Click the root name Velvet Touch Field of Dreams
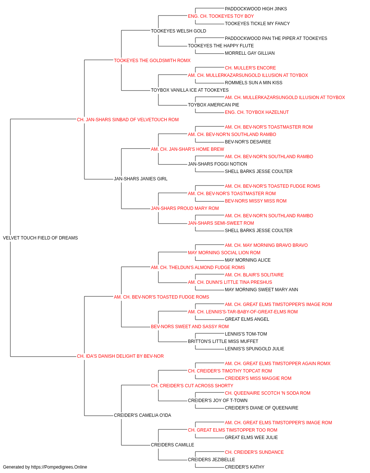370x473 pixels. pyautogui.click(x=40, y=238)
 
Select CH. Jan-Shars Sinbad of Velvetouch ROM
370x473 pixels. pyautogui.click(x=128, y=120)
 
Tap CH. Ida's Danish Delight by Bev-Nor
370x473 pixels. pyautogui.click(x=120, y=356)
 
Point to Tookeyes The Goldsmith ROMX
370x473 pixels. pyautogui.click(x=152, y=61)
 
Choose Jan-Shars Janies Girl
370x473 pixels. pyautogui.click(x=141, y=179)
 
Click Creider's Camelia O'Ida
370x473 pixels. pyautogui.click(x=142, y=415)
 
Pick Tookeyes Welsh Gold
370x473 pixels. pyautogui.click(x=178, y=31)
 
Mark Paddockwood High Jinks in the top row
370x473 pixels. pyautogui.click(x=256, y=9)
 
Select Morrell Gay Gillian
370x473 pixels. pyautogui.click(x=250, y=53)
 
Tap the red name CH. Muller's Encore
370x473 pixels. pyautogui.click(x=250, y=68)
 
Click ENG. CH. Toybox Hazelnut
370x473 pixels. pyautogui.click(x=257, y=112)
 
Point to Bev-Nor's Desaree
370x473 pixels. pyautogui.click(x=248, y=142)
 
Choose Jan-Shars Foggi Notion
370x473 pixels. pyautogui.click(x=218, y=164)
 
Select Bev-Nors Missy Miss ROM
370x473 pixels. pyautogui.click(x=256, y=201)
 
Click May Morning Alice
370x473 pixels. pyautogui.click(x=248, y=260)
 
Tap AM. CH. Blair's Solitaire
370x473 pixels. pyautogui.click(x=254, y=275)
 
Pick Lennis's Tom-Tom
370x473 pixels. pyautogui.click(x=246, y=334)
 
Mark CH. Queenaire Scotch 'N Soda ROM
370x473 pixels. pyautogui.click(x=268, y=393)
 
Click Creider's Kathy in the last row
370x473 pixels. pyautogui.click(x=245, y=467)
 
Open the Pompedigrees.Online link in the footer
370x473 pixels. pyautogui.click(x=59, y=467)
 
